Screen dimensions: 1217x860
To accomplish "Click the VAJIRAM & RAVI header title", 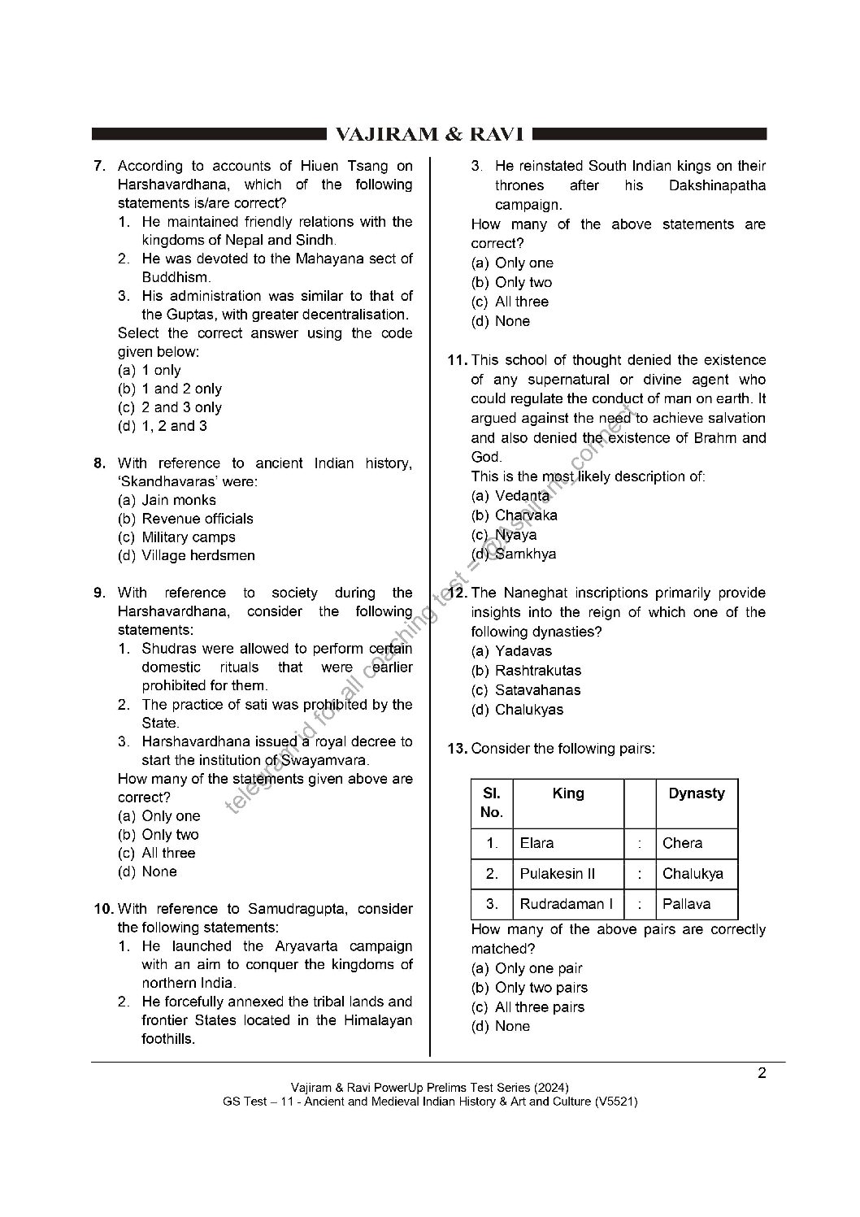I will pyautogui.click(x=430, y=134).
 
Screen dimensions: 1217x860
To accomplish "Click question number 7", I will pyautogui.click(x=99, y=167).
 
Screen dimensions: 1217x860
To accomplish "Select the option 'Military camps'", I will pyautogui.click(x=188, y=537).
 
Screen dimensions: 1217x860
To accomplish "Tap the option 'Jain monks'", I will pyautogui.click(x=179, y=500).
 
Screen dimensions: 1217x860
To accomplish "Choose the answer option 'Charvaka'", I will pyautogui.click(x=525, y=515).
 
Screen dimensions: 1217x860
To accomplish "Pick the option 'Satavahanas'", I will pyautogui.click(x=537, y=690).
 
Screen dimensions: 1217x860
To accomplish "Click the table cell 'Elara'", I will pyautogui.click(x=537, y=843).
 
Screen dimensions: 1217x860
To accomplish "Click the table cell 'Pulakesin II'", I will pyautogui.click(x=558, y=874).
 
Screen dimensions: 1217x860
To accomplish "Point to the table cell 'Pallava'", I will pyautogui.click(x=686, y=904).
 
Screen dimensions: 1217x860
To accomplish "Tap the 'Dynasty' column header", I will pyautogui.click(x=696, y=793).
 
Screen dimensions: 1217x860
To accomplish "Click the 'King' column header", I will pyautogui.click(x=567, y=793).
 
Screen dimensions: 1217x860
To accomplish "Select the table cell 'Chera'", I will pyautogui.click(x=683, y=843).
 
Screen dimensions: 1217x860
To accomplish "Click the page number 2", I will pyautogui.click(x=762, y=1073).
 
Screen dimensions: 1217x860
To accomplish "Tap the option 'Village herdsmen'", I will pyautogui.click(x=198, y=556).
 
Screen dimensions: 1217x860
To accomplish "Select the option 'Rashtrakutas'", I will pyautogui.click(x=537, y=671).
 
